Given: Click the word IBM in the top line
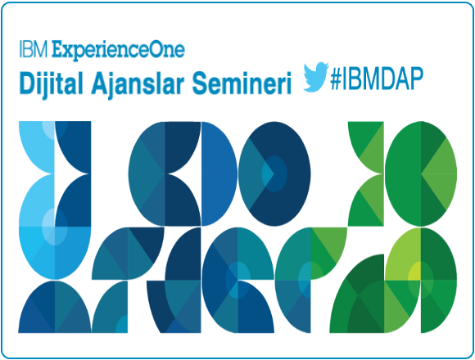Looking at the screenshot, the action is point(34,49).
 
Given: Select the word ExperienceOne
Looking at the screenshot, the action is point(118,51).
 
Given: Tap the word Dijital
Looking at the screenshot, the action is point(51,83).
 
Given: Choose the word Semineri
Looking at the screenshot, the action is point(242,83).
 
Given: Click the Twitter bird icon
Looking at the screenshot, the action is point(316,77).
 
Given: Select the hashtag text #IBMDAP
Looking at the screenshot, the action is point(377,79).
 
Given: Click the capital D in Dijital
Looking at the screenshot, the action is point(28,83).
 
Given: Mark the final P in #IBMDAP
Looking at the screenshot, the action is point(415,79).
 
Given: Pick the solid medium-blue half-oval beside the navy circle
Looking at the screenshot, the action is point(219,173).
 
